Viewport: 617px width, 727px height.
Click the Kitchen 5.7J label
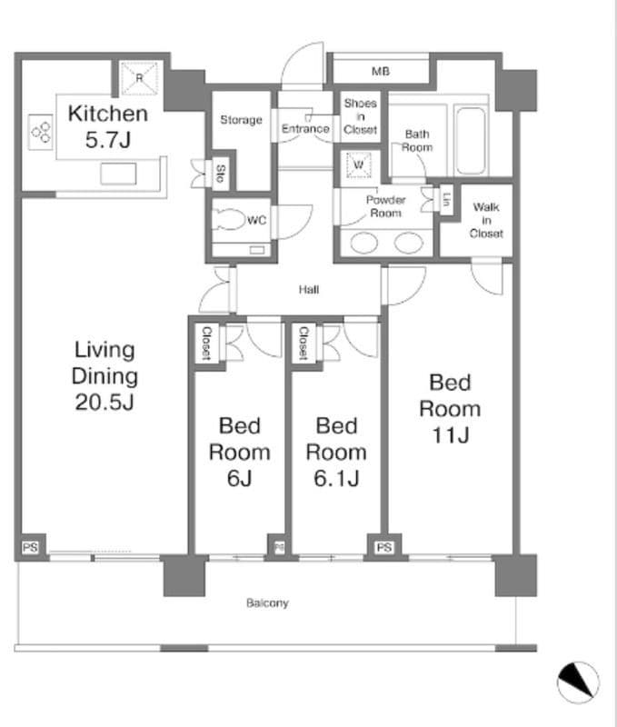pyautogui.click(x=108, y=126)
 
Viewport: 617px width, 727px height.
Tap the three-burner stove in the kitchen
pyautogui.click(x=41, y=132)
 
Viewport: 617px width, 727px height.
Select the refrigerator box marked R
pyautogui.click(x=140, y=78)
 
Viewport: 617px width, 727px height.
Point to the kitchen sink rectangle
pyautogui.click(x=118, y=174)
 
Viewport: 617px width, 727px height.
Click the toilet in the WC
pyautogui.click(x=229, y=219)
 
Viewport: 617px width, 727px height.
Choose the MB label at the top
pyautogui.click(x=381, y=72)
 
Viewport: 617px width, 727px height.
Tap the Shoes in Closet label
pyautogui.click(x=360, y=116)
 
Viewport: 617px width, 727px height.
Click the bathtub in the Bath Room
pyautogui.click(x=471, y=140)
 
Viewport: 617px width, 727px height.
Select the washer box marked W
pyautogui.click(x=358, y=164)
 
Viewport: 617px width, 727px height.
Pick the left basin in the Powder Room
pyautogui.click(x=363, y=243)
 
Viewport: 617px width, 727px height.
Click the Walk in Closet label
pyautogui.click(x=486, y=220)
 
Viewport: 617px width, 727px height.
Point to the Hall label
pyautogui.click(x=309, y=290)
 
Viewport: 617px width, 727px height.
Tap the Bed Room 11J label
pyautogui.click(x=450, y=408)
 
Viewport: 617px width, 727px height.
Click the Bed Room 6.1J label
pyautogui.click(x=336, y=452)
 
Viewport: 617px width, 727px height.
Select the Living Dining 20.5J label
pyautogui.click(x=104, y=375)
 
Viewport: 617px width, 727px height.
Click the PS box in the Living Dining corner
pyautogui.click(x=30, y=548)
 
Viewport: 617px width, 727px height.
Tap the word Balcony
pyautogui.click(x=267, y=603)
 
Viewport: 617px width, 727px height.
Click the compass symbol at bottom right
pyautogui.click(x=578, y=682)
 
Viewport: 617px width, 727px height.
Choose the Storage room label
pyautogui.click(x=241, y=120)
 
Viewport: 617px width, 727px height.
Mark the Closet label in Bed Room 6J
pyautogui.click(x=206, y=344)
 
